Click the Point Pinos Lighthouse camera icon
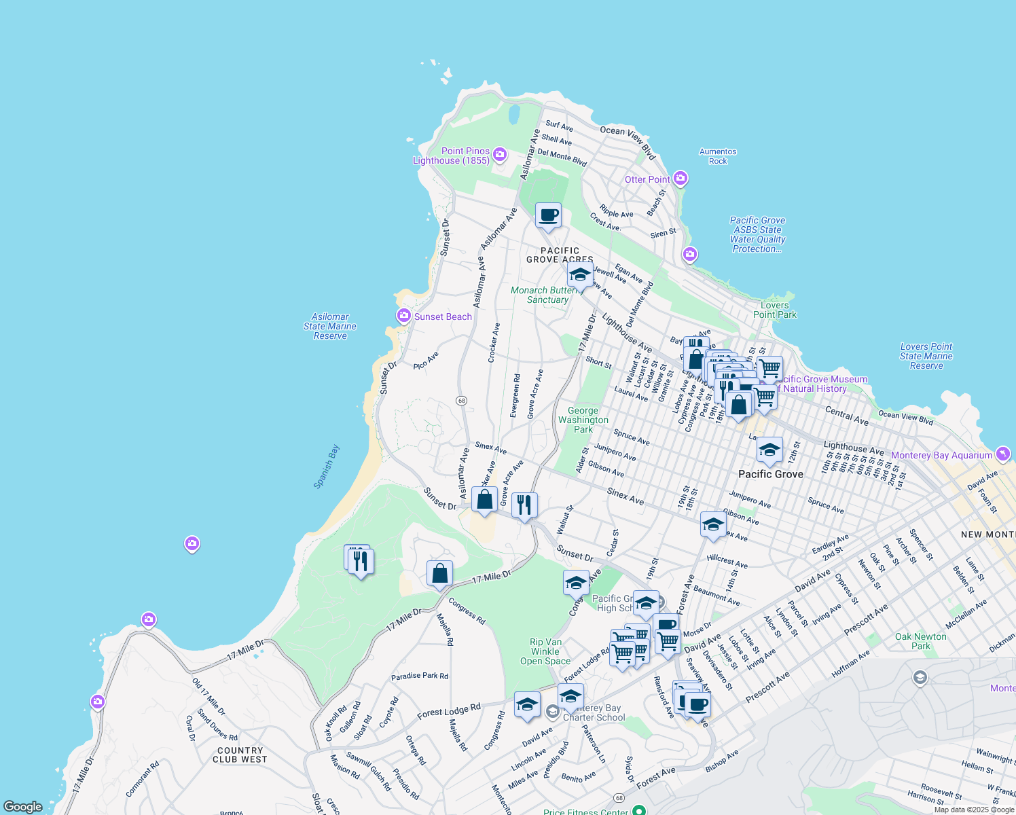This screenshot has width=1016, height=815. tap(500, 155)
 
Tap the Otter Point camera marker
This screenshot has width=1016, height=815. tap(681, 179)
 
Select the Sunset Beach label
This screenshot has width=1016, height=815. tap(442, 316)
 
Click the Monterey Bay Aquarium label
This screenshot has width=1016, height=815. tap(941, 455)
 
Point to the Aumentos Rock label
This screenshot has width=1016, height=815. tap(718, 156)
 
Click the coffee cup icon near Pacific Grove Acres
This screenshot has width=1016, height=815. tap(548, 215)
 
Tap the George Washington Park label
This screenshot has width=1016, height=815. tap(583, 420)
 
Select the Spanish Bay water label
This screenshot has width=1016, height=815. tap(327, 467)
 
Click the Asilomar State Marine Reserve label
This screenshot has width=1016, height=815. tap(330, 326)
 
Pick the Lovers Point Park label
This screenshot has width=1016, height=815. tap(774, 310)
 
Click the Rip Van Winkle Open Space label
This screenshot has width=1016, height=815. tap(545, 651)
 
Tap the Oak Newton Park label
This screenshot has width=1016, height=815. tap(920, 641)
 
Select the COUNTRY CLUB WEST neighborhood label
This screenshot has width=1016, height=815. tap(240, 755)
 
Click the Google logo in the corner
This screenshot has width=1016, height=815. tap(23, 806)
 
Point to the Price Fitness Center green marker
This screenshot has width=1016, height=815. tap(638, 810)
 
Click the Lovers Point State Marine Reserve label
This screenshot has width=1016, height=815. tap(926, 356)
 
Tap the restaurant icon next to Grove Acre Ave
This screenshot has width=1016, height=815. tap(524, 505)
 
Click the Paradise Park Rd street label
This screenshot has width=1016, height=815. tap(419, 676)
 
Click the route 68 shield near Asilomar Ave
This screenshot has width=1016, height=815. tap(462, 401)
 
